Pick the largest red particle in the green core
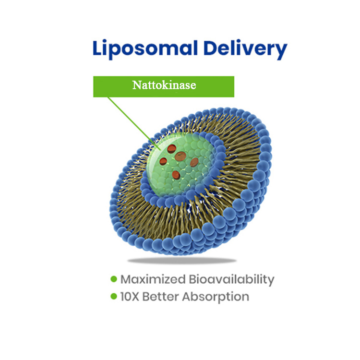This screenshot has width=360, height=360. [x=180, y=156]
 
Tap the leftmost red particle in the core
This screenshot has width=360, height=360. [x=163, y=161]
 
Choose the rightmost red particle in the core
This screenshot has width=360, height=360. [x=194, y=162]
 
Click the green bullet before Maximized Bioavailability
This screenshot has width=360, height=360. [x=114, y=279]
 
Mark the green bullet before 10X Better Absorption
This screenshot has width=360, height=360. [x=114, y=296]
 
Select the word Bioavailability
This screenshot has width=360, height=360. [x=232, y=279]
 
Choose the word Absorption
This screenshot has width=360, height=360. [x=218, y=297]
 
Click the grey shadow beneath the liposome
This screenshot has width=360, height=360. [x=187, y=261]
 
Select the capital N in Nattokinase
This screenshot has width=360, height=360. [x=136, y=86]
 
